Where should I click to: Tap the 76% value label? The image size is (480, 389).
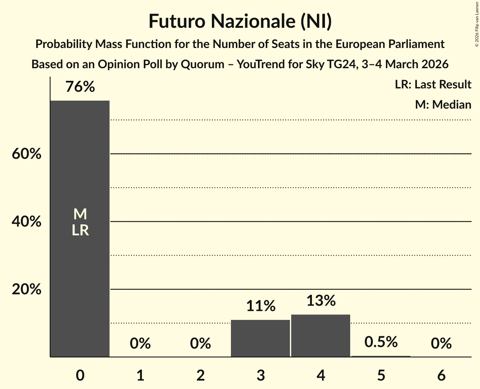tap(80, 87)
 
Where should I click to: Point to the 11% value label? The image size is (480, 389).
tap(260, 306)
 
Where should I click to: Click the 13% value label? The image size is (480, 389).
tap(321, 301)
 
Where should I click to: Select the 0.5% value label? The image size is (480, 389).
tap(381, 342)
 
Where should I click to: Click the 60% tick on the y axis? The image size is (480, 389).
tap(27, 154)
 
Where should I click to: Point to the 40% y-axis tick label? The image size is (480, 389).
tap(27, 222)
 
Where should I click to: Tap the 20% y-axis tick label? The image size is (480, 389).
tap(27, 290)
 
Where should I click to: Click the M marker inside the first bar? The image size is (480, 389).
tap(80, 215)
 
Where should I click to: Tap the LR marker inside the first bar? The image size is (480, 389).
tap(80, 230)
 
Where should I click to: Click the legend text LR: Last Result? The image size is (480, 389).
tap(433, 85)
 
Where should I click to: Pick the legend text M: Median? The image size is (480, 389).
tap(443, 104)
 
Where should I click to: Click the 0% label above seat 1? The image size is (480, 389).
tap(140, 344)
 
